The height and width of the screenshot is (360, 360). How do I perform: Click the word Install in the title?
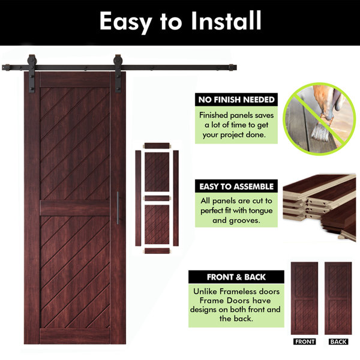coord(226,21)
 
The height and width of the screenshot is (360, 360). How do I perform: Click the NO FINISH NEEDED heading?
coord(236,100)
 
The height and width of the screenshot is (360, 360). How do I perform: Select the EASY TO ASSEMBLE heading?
coord(236,187)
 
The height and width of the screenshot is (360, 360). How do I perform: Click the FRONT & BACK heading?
coord(236,277)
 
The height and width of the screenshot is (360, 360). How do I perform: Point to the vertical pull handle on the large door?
coord(118,208)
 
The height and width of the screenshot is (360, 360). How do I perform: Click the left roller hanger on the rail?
coord(31,73)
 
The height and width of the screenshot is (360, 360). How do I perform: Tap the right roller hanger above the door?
coord(118,73)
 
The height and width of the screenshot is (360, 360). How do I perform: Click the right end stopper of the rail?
coord(232,68)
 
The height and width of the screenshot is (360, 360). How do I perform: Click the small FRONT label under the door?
coord(304,341)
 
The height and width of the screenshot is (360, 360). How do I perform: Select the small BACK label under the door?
coord(338,341)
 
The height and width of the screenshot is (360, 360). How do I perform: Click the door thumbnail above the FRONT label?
coord(304,298)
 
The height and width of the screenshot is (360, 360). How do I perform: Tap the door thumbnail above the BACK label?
coord(338,298)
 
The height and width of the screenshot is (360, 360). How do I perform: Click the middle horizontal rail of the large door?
coord(75,208)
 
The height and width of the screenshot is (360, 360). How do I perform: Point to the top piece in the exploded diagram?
coord(157,146)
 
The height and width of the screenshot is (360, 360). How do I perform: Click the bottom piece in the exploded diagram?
coord(157,251)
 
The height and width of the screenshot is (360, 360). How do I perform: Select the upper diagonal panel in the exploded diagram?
coord(157,172)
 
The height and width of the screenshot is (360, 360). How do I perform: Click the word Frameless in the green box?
coord(235,292)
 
